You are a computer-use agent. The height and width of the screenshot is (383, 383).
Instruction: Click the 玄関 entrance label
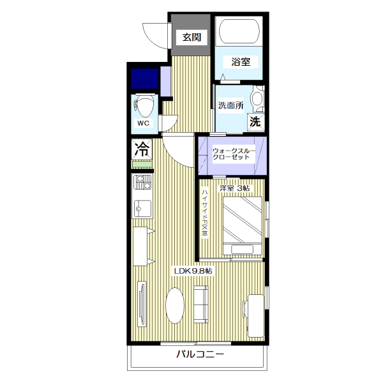pos(191,38)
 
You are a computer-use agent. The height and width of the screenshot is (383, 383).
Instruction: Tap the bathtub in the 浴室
pos(239,31)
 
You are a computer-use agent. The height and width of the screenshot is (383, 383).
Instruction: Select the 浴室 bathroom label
pos(241,61)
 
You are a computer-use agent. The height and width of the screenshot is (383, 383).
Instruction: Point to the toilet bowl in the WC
pos(146,106)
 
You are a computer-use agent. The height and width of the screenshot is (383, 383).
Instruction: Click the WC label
pos(144,123)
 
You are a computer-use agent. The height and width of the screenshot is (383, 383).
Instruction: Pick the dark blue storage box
pos(145,78)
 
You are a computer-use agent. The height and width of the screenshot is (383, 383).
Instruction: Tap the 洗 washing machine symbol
pos(255,121)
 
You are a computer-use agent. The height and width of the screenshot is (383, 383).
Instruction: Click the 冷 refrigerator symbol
pos(142,149)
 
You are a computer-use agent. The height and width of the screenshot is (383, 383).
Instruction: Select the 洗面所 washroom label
pos(231,105)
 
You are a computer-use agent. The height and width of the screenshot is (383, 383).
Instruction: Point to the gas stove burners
pos(142,183)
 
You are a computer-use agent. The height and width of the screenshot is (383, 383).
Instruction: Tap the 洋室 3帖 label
pos(234,188)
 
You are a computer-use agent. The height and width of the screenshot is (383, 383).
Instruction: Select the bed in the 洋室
pos(243,226)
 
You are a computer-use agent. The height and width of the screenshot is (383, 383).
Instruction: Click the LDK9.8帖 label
pos(193,271)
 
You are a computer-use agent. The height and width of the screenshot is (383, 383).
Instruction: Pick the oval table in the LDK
pos(175,305)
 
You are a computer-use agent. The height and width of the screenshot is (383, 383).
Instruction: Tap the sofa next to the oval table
pos(201,304)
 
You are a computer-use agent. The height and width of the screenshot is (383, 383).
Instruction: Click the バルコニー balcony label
pos(200,354)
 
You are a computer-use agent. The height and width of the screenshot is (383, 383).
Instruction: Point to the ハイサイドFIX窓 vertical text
pos(205,213)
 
